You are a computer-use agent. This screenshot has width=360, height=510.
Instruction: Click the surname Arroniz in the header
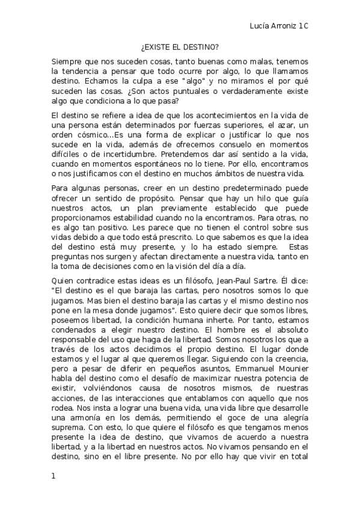click(287, 27)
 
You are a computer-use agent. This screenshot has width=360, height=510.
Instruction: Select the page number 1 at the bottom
click(53, 476)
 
